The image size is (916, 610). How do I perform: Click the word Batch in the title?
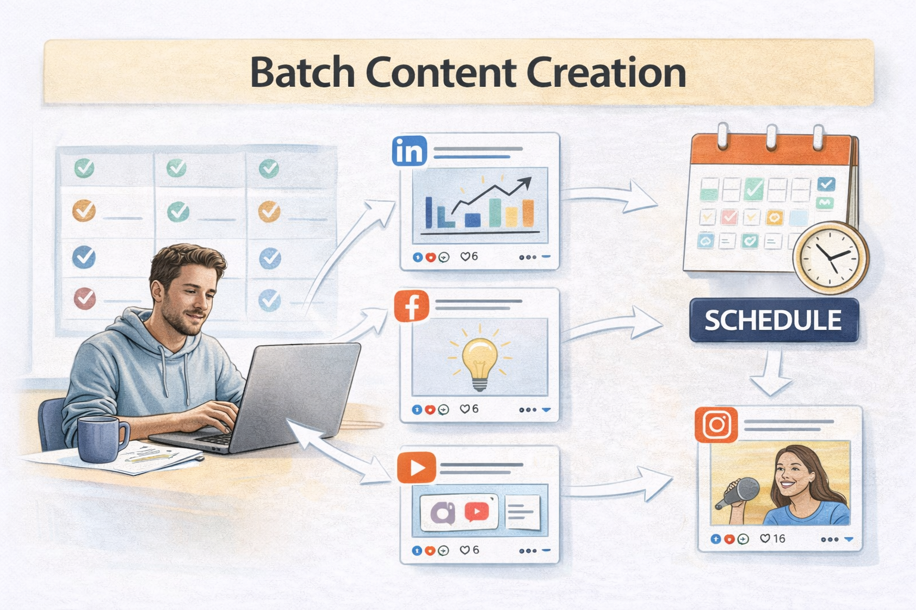302,73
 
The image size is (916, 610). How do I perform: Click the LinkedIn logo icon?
410,151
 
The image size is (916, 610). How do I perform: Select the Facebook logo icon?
411,306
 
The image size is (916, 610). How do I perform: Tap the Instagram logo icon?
716,425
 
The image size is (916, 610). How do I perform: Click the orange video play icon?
416,468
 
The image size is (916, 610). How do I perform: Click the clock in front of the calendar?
830,257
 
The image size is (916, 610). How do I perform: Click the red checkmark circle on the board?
85,297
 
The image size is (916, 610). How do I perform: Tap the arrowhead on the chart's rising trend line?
525,182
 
